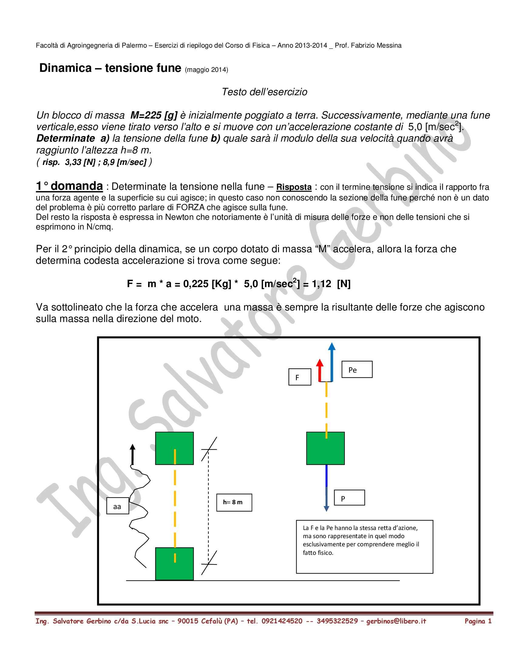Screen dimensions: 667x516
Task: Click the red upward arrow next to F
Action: coord(319,370)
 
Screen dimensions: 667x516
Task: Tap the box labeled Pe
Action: coord(357,370)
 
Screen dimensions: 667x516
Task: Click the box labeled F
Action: coord(300,377)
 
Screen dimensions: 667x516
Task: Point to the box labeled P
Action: coord(349,498)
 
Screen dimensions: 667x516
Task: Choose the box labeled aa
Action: coord(117,506)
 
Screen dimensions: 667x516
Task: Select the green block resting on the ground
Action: coord(174,564)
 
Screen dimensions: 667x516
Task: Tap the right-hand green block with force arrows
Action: coord(325,448)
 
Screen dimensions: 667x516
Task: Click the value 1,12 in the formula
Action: coord(321,284)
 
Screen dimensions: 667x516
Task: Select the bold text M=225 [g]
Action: coord(154,116)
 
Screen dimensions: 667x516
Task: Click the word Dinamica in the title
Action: coord(66,68)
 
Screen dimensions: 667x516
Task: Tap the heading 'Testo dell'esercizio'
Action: coord(264,92)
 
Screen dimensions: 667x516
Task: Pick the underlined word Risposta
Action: coord(294,187)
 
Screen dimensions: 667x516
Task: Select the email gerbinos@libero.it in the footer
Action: coord(396,621)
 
